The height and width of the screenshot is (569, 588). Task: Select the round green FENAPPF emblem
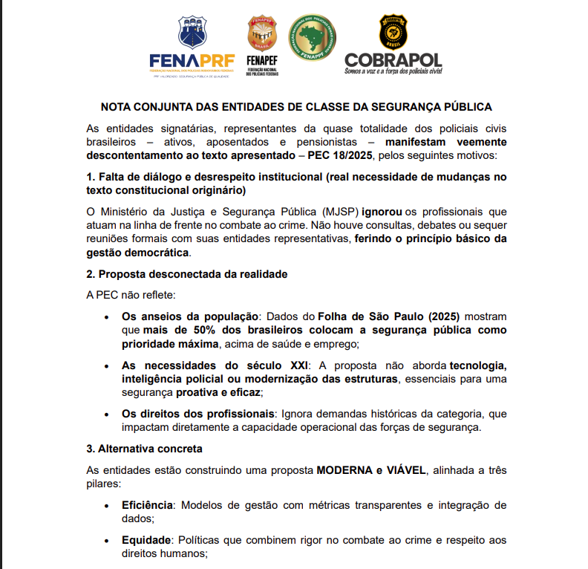(312, 37)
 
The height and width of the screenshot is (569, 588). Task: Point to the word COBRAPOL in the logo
(393, 59)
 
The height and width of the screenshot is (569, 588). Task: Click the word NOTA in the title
(117, 107)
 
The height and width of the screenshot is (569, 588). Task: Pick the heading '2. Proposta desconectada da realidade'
(187, 274)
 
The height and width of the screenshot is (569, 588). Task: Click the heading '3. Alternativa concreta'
(145, 449)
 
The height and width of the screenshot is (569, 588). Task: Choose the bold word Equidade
(147, 540)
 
